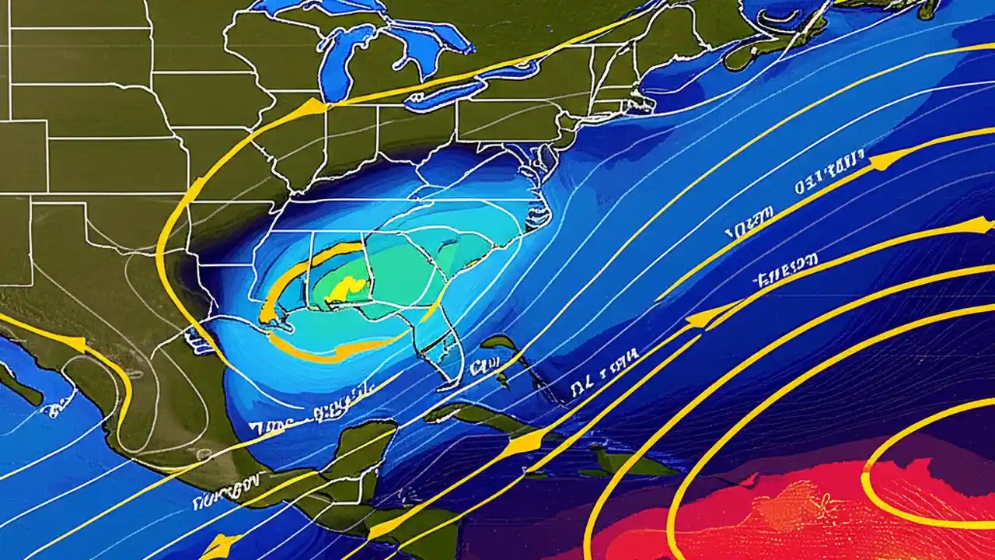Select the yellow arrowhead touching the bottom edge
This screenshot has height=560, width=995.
tap(218, 545)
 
